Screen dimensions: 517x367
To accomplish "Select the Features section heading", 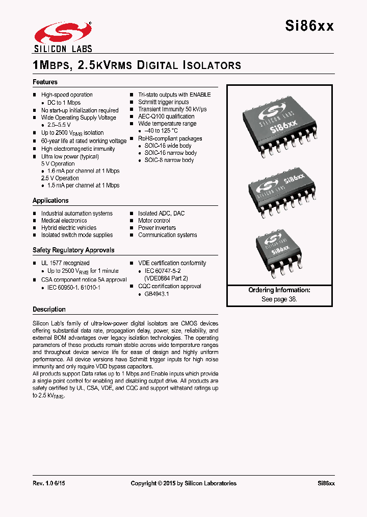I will [45, 82].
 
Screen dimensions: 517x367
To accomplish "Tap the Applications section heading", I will [50, 201].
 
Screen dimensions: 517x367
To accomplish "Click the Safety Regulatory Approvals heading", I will [73, 250].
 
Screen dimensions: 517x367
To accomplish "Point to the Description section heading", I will [49, 310].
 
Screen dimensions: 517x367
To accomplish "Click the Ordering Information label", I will [279, 290].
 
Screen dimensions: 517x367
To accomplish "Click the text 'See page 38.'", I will [279, 299].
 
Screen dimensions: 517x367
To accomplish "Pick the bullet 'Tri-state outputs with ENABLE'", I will [174, 95].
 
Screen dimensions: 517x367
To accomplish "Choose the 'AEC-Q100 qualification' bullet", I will [166, 116].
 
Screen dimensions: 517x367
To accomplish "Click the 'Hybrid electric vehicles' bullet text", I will [69, 228].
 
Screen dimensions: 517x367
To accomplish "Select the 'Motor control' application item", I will [154, 221].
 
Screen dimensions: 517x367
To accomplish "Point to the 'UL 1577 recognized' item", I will [65, 263].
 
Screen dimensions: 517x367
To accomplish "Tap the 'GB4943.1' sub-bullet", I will [156, 294].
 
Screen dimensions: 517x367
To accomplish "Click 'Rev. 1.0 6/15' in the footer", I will [49, 483].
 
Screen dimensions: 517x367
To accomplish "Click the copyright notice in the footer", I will [183, 483].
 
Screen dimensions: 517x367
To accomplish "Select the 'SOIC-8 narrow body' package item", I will [169, 160].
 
